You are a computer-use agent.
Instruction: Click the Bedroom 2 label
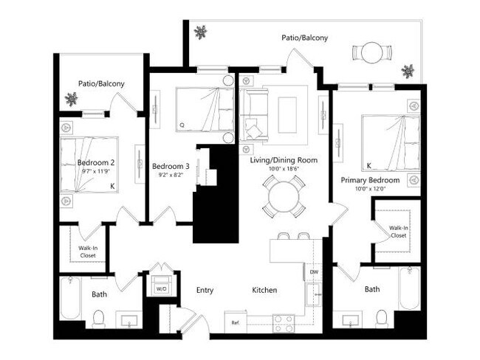pyautogui.click(x=96, y=162)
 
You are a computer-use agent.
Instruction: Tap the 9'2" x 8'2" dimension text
pyautogui.click(x=170, y=176)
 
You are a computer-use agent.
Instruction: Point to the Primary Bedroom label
pyautogui.click(x=369, y=180)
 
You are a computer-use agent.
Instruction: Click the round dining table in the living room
pyautogui.click(x=284, y=197)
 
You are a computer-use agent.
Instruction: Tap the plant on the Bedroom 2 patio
pyautogui.click(x=72, y=98)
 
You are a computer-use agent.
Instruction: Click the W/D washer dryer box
pyautogui.click(x=160, y=286)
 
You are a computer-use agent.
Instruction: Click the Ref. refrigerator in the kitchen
pyautogui.click(x=236, y=322)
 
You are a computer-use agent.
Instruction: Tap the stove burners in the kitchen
pyautogui.click(x=284, y=322)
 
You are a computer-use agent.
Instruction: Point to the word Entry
pyautogui.click(x=205, y=291)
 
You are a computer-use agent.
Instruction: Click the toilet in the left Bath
pyautogui.click(x=97, y=318)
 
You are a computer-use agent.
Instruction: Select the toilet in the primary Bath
pyautogui.click(x=381, y=317)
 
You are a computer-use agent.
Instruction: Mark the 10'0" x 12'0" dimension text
pyautogui.click(x=369, y=189)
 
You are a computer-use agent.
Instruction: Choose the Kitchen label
pyautogui.click(x=264, y=291)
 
